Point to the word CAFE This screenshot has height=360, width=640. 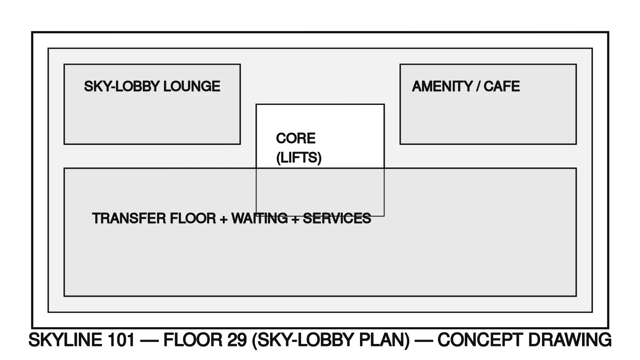coord(502,86)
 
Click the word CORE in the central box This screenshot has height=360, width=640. coord(296,138)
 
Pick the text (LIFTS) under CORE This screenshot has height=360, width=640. coord(299,158)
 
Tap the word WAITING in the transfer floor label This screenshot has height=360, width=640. coord(259,218)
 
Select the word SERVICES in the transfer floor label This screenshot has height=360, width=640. coord(337,218)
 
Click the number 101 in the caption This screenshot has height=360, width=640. coord(121,340)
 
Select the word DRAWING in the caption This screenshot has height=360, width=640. coord(570,340)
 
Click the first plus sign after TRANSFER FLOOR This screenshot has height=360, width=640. coord(224,219)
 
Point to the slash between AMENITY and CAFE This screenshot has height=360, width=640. coord(478,86)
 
